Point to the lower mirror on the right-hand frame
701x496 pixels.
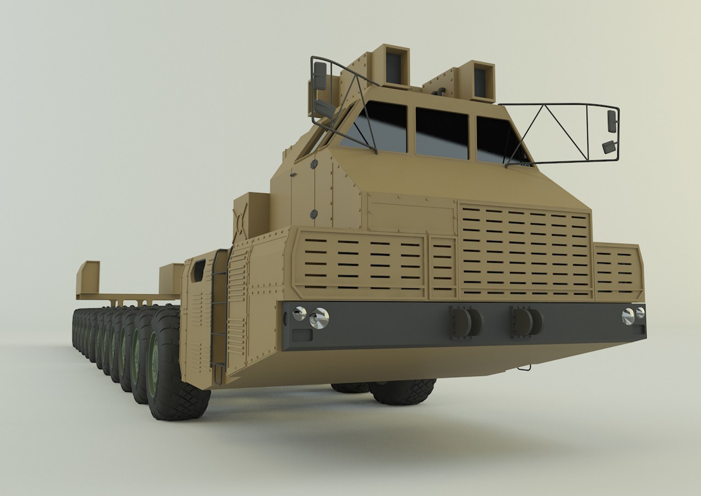click(609, 147)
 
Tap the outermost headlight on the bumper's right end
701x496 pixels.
click(640, 313)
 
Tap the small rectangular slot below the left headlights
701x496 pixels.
click(302, 334)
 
